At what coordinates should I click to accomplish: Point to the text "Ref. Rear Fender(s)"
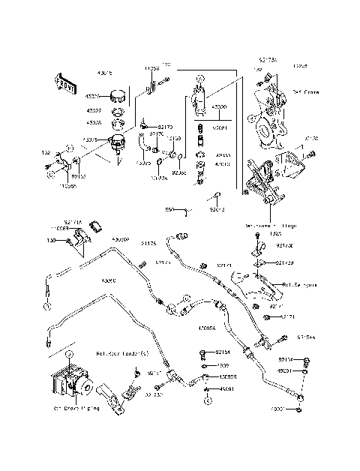pos(122,353)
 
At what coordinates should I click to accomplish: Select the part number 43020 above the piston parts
pos(220,108)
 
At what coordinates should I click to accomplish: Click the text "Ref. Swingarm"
pos(300,285)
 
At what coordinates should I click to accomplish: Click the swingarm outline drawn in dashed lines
pos(247,289)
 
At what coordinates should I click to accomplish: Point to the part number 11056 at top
pos(151,68)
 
